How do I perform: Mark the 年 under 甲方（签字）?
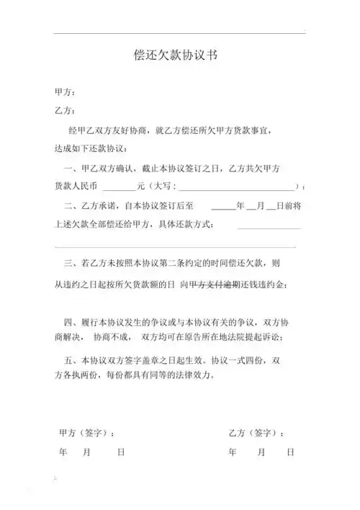click(62, 452)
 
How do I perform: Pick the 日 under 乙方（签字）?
click(289, 452)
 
